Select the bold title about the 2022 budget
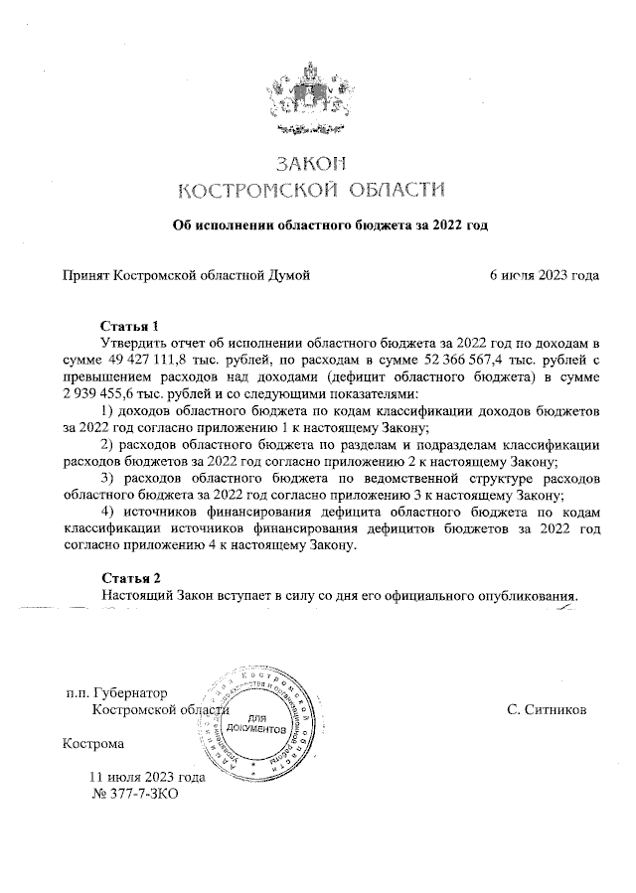[x=331, y=225]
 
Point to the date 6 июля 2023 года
[x=544, y=275]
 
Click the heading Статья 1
[x=130, y=326]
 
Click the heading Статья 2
[x=130, y=578]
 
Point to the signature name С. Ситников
[x=546, y=710]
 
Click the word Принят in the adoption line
[x=84, y=275]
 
